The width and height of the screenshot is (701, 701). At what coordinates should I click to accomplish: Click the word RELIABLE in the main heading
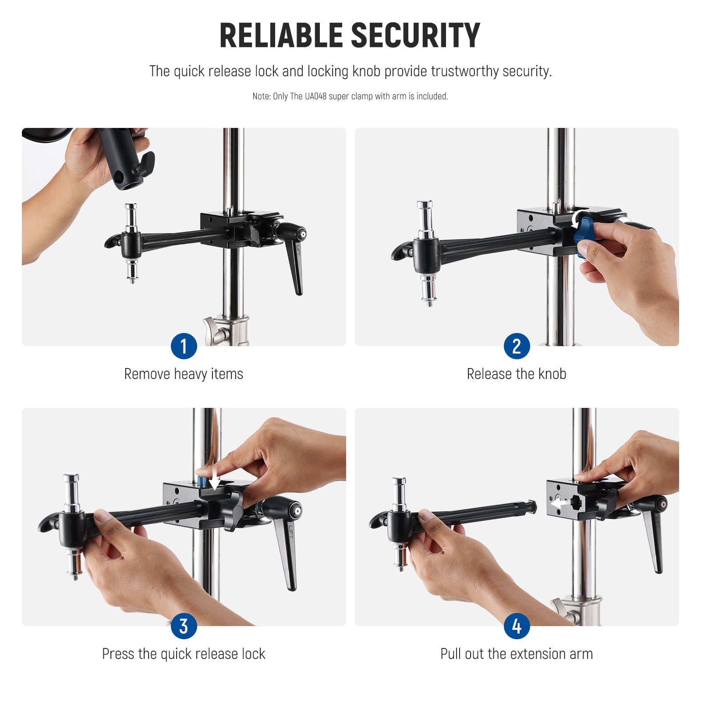[281, 36]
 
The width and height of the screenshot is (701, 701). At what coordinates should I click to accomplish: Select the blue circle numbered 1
[184, 346]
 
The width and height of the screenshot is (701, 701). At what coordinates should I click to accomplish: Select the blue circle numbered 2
[517, 346]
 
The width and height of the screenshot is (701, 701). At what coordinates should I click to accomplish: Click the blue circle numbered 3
[184, 626]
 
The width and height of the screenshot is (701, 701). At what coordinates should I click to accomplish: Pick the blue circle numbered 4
[517, 626]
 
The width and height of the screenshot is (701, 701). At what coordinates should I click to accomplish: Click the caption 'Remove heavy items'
[184, 374]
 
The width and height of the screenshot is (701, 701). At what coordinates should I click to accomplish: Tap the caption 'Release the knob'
[517, 374]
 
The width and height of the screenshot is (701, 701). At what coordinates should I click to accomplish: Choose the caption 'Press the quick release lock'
[184, 654]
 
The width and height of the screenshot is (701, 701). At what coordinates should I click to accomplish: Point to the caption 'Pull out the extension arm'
[517, 654]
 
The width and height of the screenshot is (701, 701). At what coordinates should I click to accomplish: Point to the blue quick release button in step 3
[202, 482]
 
